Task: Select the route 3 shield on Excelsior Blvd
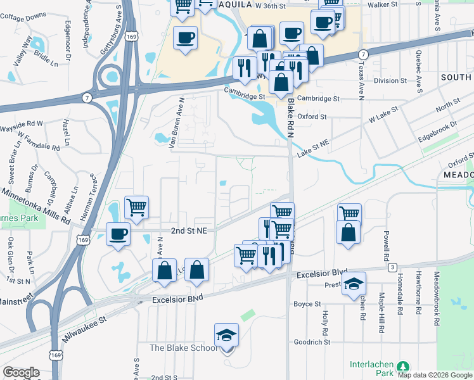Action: coord(393,267)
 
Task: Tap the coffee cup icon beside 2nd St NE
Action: coord(118,234)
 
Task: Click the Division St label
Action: coord(390,81)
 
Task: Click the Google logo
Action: coord(21,372)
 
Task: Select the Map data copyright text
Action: coord(435,375)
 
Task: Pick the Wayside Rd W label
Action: coord(22,123)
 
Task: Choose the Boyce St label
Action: coord(308,304)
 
